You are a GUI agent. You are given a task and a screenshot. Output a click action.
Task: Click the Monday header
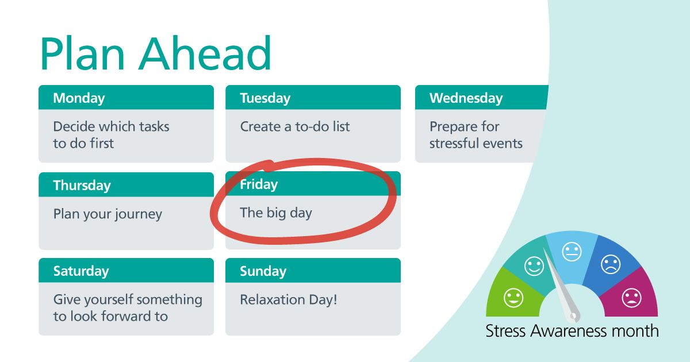pos(79,98)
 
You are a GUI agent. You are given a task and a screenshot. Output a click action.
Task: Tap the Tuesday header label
pos(265,98)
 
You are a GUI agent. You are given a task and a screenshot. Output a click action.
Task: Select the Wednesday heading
pos(466,98)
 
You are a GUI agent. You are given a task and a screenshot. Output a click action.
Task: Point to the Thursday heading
pos(82,186)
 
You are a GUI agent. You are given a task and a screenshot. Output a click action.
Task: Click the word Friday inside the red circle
pos(259,184)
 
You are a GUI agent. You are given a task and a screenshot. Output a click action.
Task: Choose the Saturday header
pos(81,271)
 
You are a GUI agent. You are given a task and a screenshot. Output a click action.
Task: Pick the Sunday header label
pos(263,271)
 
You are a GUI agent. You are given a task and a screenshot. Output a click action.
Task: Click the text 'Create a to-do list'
pos(294,126)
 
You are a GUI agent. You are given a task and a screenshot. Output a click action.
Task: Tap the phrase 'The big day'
pos(275,213)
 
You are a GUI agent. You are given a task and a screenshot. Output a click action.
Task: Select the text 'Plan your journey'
pos(108,214)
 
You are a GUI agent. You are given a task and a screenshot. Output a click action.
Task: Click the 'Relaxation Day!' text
pos(288,299)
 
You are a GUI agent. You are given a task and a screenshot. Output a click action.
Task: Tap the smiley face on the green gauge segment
pos(513,298)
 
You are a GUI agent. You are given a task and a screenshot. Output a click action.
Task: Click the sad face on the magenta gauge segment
pos(631,298)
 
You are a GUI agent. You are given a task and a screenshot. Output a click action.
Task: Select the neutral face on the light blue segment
pos(572,251)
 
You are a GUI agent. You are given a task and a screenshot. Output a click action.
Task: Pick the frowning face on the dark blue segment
pos(611,264)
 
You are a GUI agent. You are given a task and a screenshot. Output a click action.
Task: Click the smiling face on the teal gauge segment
pos(534,265)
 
